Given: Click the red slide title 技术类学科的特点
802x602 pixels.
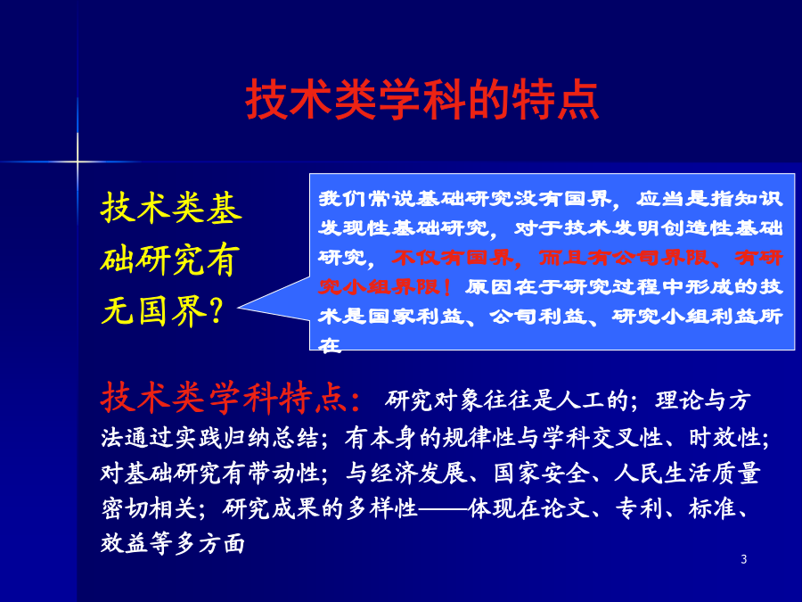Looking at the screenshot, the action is coord(422,100).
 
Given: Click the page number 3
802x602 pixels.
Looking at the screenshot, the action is coord(744,559).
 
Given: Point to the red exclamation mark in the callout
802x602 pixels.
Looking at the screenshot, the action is coord(447,287).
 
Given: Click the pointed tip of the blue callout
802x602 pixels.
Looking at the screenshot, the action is coord(239,307).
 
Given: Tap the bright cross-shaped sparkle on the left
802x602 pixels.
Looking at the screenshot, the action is coord(78,161).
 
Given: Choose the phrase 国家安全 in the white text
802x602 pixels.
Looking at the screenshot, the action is coord(541,473).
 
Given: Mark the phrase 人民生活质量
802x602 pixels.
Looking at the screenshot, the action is coord(687,473).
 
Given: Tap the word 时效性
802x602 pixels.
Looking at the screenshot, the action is coord(724,438).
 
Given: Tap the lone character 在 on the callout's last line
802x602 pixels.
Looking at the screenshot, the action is coord(330,346).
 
